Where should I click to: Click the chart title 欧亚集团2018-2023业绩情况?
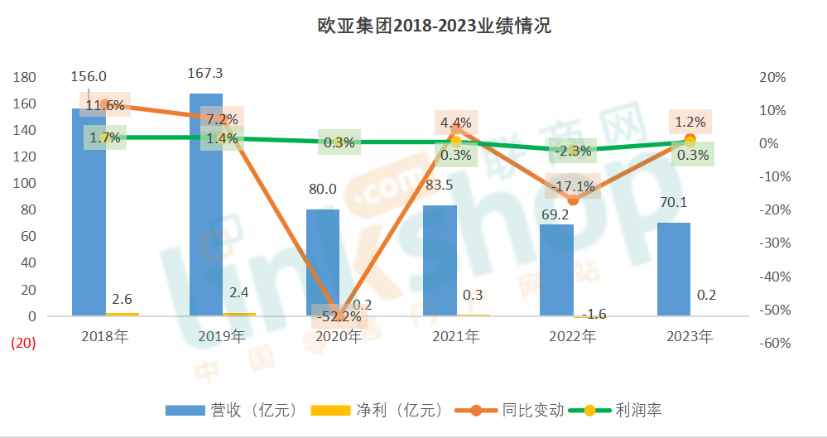pyautogui.click(x=434, y=26)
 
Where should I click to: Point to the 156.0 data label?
pyautogui.click(x=89, y=76)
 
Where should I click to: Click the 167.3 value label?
pyautogui.click(x=206, y=73)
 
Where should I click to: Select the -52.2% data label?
pyautogui.click(x=339, y=316)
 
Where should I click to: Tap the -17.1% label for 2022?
pyautogui.click(x=573, y=185)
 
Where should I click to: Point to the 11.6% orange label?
pyautogui.click(x=105, y=105)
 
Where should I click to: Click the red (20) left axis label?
pyautogui.click(x=22, y=344)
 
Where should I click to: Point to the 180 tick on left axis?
pyautogui.click(x=25, y=77)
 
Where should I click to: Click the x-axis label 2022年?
pyautogui.click(x=573, y=337)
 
